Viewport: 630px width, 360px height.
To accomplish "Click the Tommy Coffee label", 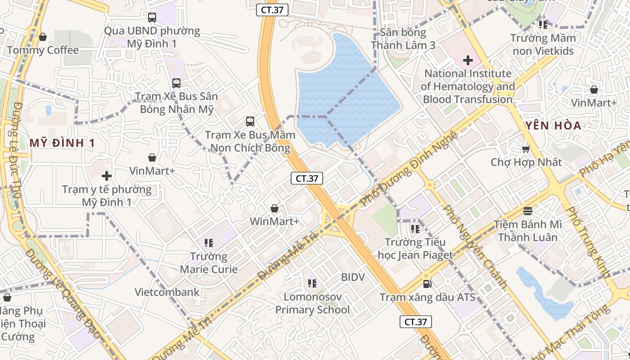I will [x=43, y=50].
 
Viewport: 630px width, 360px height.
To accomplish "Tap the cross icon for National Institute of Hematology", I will [x=468, y=59].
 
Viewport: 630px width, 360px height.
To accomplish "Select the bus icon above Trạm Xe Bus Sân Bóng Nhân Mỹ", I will [x=176, y=83].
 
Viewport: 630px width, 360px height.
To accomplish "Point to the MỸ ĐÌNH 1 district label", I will [x=62, y=143].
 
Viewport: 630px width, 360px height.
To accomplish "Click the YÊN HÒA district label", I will [x=553, y=126].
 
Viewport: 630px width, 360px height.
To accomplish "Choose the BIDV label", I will [x=353, y=277].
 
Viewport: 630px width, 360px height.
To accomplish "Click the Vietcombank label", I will [x=167, y=292].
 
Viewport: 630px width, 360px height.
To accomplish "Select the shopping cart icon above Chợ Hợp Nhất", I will [x=526, y=148].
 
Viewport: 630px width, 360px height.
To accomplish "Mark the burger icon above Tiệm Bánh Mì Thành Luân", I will [x=528, y=211].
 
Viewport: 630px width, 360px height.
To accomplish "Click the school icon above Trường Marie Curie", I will [x=208, y=243].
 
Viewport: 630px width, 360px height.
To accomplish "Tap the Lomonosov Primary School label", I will [x=312, y=303].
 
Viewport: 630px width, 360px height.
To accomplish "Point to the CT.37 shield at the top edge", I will [x=272, y=10].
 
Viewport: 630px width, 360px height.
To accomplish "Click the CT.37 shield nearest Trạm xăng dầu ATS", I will [x=416, y=322].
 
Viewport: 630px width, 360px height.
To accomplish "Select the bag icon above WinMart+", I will [x=274, y=208].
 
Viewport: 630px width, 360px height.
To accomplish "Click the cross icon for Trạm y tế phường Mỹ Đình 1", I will [x=107, y=175].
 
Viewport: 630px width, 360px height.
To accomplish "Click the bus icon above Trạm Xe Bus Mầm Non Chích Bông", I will [x=250, y=121].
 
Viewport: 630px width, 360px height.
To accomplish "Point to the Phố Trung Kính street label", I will [x=588, y=242].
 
